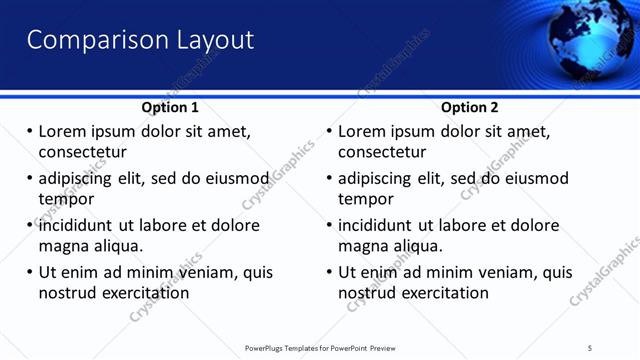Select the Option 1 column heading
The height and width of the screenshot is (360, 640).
170,107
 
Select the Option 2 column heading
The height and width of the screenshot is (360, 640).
469,107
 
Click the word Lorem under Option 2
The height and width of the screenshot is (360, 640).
362,132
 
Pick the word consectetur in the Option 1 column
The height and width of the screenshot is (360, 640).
82,153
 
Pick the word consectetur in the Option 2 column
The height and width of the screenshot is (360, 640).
382,153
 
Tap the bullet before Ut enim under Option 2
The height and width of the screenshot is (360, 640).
328,272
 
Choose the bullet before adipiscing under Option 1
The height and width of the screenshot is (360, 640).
29,179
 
